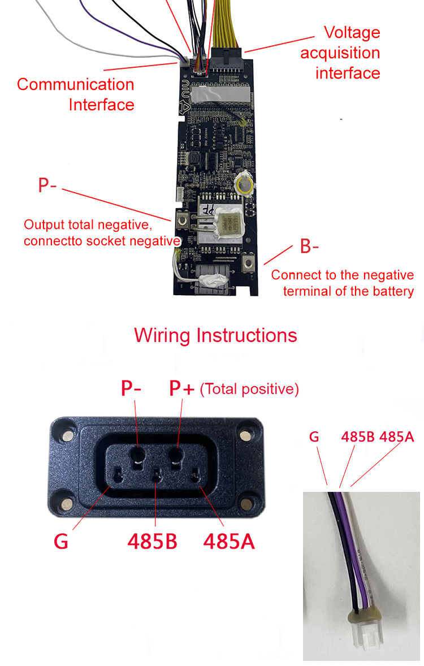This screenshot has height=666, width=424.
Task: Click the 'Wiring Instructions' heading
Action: (215, 335)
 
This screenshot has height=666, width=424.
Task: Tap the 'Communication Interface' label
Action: (76, 94)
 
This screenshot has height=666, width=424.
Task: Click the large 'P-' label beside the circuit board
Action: (47, 185)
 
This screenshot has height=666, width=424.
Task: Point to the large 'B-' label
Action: (309, 246)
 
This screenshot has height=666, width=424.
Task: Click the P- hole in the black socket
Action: (138, 453)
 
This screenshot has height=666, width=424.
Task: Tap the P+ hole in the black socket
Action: (177, 453)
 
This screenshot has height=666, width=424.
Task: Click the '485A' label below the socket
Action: (229, 541)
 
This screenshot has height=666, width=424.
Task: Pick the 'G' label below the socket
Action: (61, 541)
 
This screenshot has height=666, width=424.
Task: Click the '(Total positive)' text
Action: (249, 389)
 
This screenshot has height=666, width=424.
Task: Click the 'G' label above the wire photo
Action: (315, 437)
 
